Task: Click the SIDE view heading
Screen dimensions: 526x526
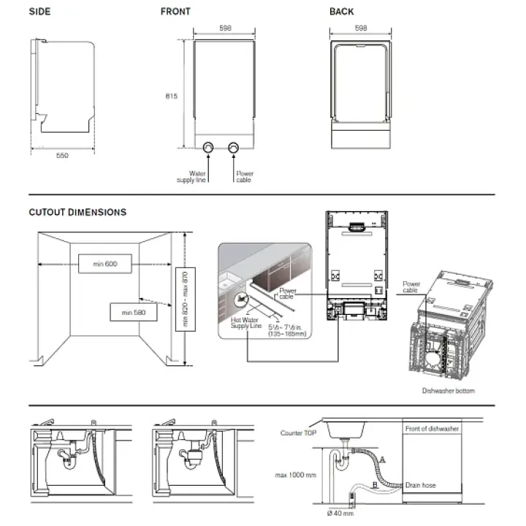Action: (x=39, y=11)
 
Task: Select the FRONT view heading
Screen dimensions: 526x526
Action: (x=175, y=11)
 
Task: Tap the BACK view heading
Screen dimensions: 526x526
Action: (x=341, y=11)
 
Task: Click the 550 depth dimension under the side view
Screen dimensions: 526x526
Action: (x=62, y=155)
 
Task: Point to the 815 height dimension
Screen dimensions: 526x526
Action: (x=170, y=96)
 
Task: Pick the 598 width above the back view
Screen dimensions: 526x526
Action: (x=360, y=28)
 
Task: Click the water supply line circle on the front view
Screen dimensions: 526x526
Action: (x=209, y=148)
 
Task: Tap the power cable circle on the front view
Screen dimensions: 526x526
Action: (x=234, y=148)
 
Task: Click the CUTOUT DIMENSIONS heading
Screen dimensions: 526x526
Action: (x=77, y=213)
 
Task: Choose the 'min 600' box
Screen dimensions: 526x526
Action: (x=106, y=263)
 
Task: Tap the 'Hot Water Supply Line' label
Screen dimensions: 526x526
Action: (x=245, y=323)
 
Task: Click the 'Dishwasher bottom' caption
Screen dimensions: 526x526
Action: (x=448, y=391)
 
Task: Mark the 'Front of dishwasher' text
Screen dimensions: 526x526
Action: (x=430, y=428)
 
